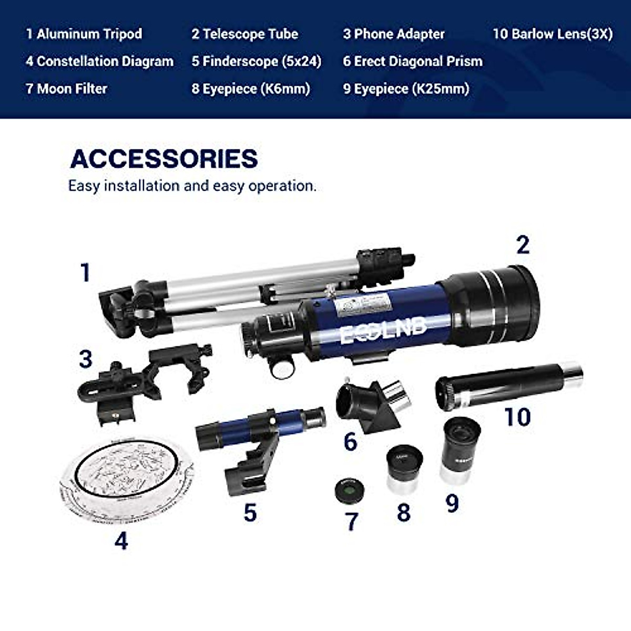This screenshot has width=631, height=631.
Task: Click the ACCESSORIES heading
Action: point(164,159)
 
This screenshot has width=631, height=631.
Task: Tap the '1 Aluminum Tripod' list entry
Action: point(84,34)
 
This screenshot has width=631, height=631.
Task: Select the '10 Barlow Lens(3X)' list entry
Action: point(553,34)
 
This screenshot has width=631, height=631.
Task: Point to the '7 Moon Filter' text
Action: point(66,88)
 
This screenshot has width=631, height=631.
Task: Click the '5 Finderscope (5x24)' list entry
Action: point(256,61)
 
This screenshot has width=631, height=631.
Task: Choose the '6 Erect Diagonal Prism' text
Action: point(412,61)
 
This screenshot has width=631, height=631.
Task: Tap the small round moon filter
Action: point(347,490)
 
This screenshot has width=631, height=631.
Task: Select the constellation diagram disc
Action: point(126,479)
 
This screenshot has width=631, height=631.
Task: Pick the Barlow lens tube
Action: point(507,386)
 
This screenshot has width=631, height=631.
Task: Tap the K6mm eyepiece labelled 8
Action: point(404,467)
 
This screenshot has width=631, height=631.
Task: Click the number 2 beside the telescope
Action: point(522,245)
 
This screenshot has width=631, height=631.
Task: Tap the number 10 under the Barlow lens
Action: point(517,417)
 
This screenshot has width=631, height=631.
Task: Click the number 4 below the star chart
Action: point(121,541)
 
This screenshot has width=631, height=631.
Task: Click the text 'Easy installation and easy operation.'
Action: point(192,186)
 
